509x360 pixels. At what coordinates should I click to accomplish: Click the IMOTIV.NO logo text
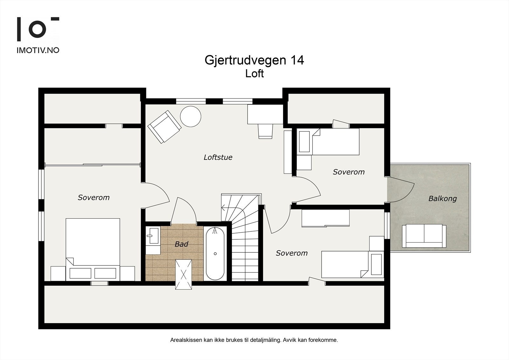[x=38, y=50]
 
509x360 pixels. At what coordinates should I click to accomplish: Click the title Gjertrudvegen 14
[x=254, y=60]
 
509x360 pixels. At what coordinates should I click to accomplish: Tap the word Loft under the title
[x=254, y=74]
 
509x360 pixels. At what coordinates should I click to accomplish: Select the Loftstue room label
[x=218, y=157]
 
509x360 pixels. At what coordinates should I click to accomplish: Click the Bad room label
[x=181, y=244]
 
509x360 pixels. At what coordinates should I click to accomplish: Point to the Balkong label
[x=442, y=199]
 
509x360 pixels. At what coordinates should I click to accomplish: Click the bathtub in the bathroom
[x=215, y=253]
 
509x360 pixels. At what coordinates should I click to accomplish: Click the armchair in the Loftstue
[x=164, y=127]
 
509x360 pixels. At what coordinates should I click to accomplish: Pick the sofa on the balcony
[x=424, y=236]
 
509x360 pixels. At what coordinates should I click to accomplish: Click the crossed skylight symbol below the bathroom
[x=184, y=274]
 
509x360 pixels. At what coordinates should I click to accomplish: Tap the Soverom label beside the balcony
[x=349, y=172]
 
